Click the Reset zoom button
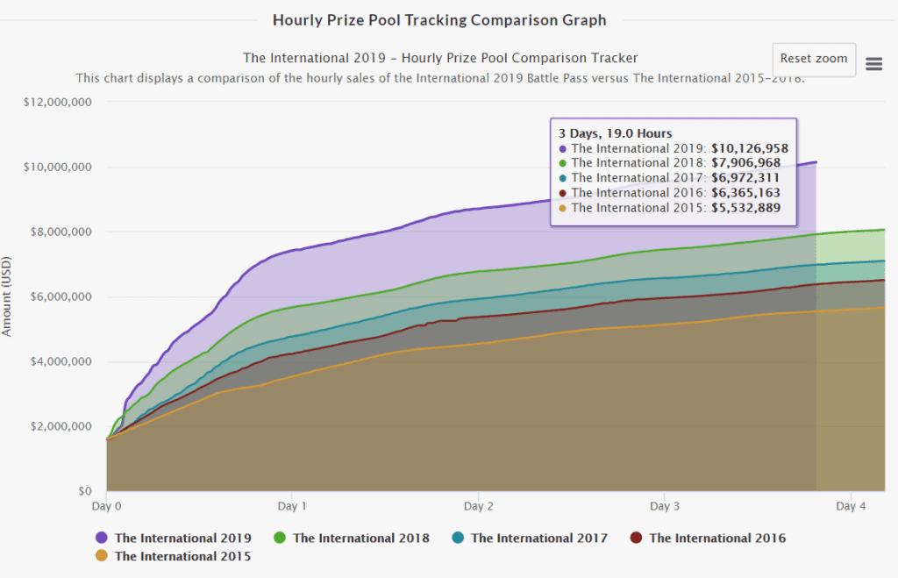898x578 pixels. (x=814, y=60)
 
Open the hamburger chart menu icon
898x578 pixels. (x=873, y=63)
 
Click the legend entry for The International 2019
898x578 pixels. (x=182, y=538)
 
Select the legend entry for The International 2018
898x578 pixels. (x=360, y=538)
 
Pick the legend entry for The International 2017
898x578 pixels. (x=538, y=538)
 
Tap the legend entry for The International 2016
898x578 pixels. (x=716, y=538)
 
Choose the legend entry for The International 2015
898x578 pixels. (x=182, y=556)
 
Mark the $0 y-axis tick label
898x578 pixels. (x=85, y=491)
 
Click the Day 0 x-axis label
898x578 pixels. (x=107, y=506)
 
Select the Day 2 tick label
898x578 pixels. (x=478, y=506)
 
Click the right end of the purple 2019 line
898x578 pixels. (x=816, y=162)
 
